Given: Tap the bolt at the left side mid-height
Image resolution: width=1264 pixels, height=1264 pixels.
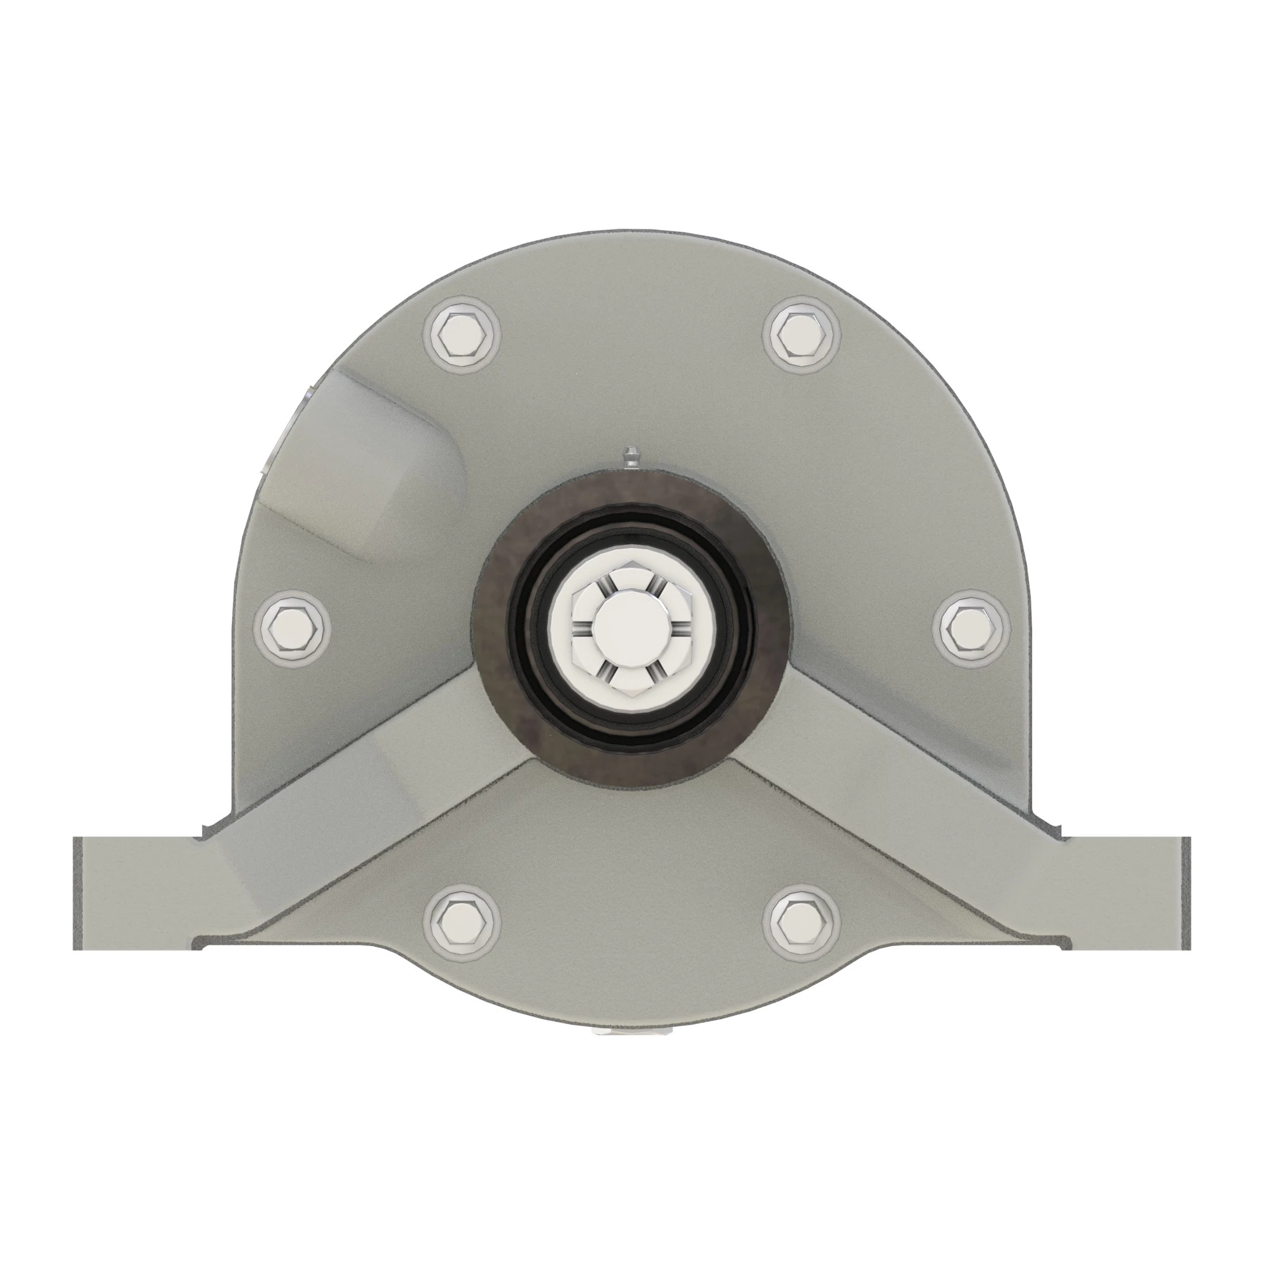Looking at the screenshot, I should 296,626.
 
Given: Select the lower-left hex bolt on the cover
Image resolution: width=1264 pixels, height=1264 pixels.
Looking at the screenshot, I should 463,923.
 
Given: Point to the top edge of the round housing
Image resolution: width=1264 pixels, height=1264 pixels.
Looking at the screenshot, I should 631,233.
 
